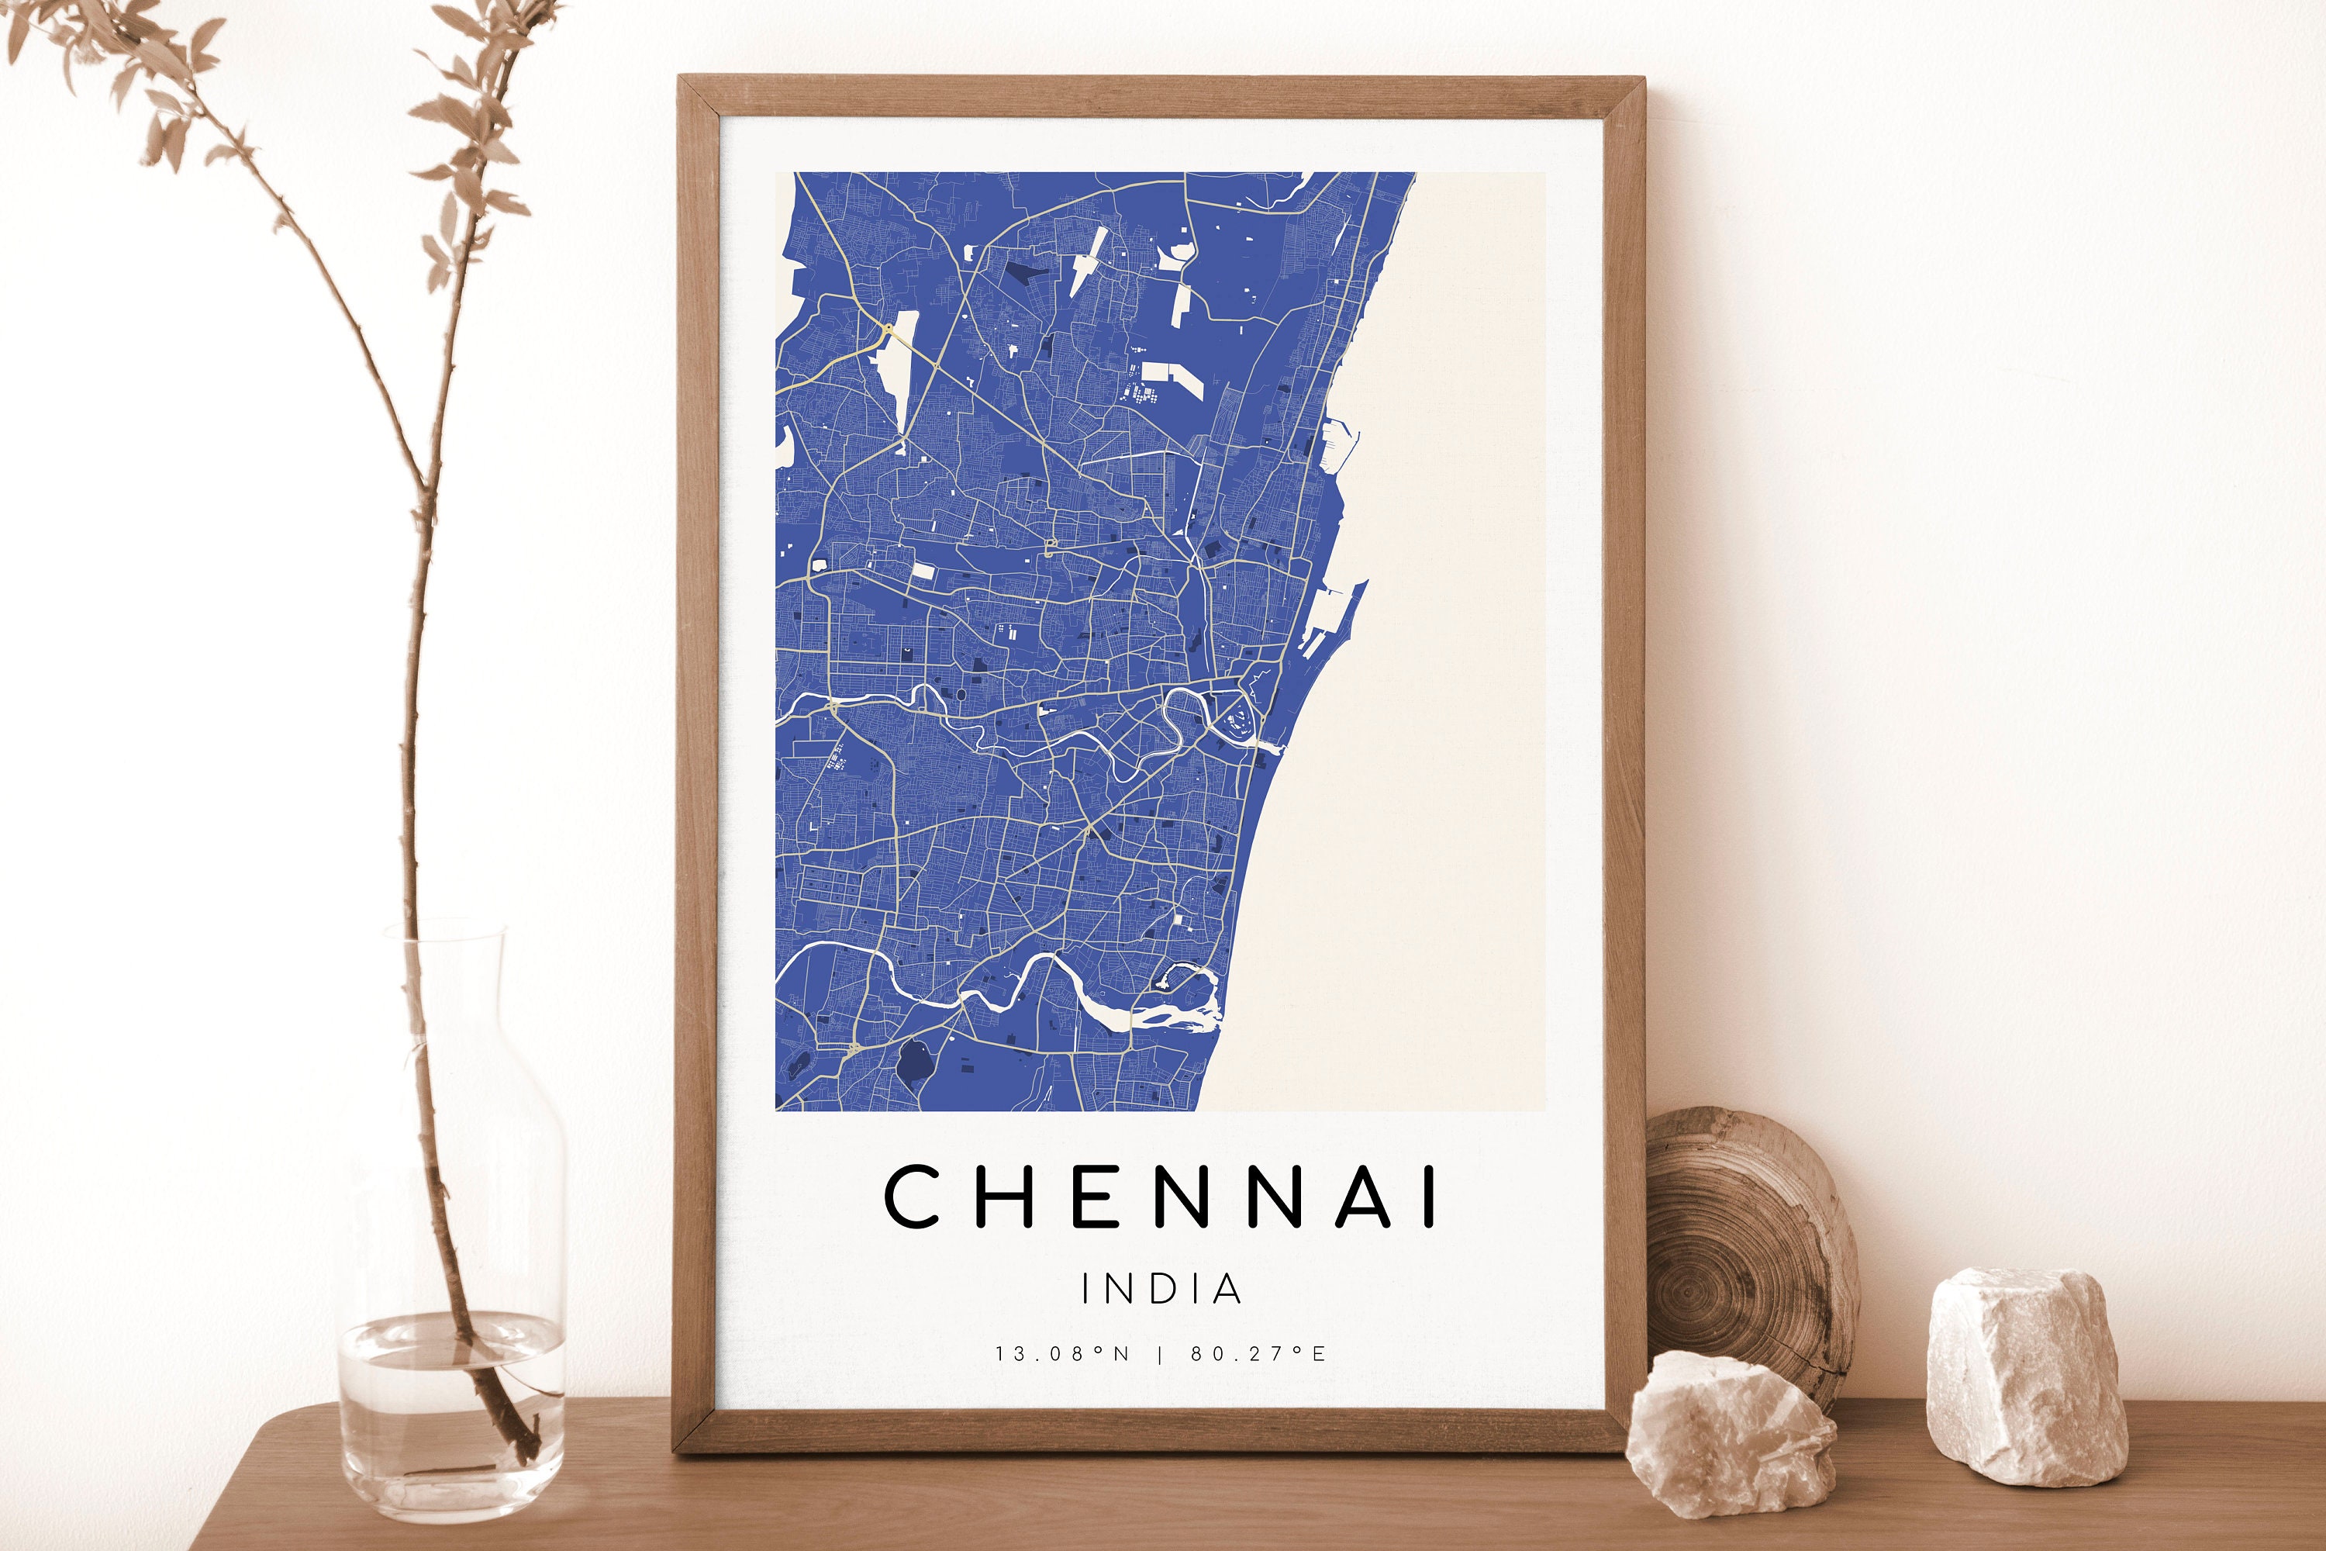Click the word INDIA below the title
[x=1161, y=1289]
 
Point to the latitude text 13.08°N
[x=1062, y=1353]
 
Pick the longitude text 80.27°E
[x=1258, y=1353]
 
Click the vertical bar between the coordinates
[x=1160, y=1353]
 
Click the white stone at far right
[x=2024, y=1375]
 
